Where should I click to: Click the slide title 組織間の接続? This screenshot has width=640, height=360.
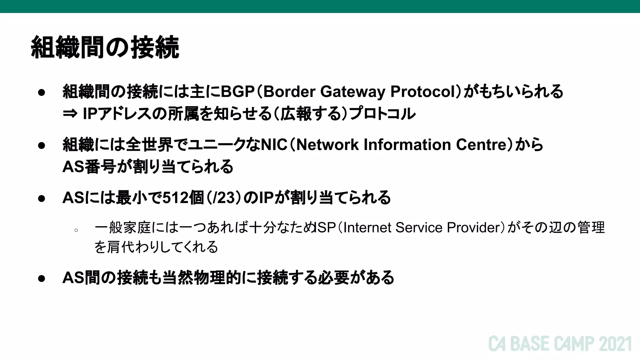click(x=105, y=47)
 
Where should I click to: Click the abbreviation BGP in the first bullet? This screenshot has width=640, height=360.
click(x=237, y=92)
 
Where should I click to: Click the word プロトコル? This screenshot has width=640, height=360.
click(x=382, y=113)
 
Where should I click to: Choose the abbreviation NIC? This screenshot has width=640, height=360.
click(x=274, y=145)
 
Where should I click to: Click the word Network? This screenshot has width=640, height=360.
click(x=327, y=145)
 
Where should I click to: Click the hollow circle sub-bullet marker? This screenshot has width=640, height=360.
click(x=76, y=231)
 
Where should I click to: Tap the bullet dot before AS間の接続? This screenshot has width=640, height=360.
click(x=42, y=278)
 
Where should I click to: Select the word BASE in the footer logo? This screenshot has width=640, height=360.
click(x=530, y=344)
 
